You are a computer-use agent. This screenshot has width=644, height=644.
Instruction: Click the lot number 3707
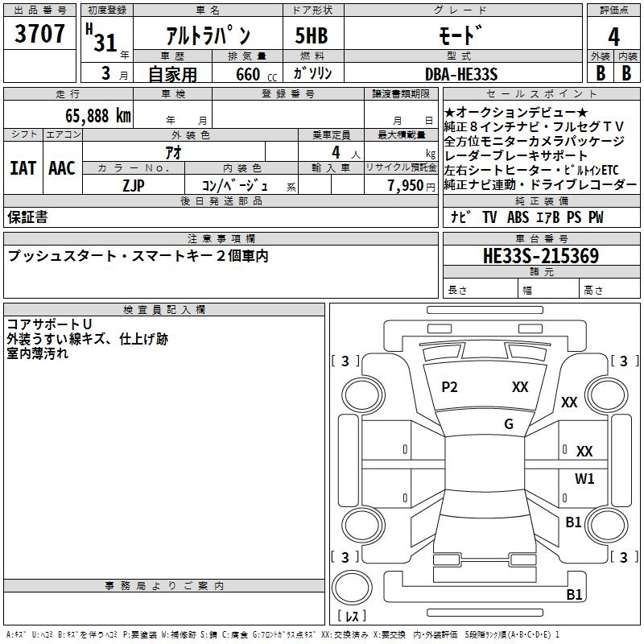click(x=39, y=34)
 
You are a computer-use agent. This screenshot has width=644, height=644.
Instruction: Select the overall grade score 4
click(x=613, y=37)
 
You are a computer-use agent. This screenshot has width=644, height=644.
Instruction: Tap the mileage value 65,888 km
click(x=98, y=116)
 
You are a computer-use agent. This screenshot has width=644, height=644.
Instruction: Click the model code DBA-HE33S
click(x=461, y=74)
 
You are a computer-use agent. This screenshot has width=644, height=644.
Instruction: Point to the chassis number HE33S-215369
click(x=541, y=256)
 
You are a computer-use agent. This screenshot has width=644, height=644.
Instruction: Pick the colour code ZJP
click(x=134, y=186)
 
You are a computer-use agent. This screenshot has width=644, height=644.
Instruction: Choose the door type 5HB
click(x=312, y=35)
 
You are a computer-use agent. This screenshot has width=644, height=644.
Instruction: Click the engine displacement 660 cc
click(x=256, y=74)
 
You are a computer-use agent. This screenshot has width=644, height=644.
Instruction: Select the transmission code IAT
click(x=23, y=168)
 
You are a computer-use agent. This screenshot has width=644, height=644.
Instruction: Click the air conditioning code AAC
click(x=62, y=168)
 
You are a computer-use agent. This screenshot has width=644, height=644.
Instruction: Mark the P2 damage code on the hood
click(x=449, y=387)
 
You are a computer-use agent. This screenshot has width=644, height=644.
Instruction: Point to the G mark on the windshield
click(x=509, y=424)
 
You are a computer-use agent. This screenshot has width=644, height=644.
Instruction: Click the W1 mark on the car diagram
click(x=584, y=478)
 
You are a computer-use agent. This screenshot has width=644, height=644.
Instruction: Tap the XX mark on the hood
click(x=520, y=387)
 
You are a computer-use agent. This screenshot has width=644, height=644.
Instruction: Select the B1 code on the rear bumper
click(x=574, y=594)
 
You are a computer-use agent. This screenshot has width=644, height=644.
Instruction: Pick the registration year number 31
click(x=105, y=43)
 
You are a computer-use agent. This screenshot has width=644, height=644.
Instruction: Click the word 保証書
click(x=27, y=217)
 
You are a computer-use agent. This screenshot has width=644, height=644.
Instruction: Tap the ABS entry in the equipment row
click(x=518, y=217)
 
